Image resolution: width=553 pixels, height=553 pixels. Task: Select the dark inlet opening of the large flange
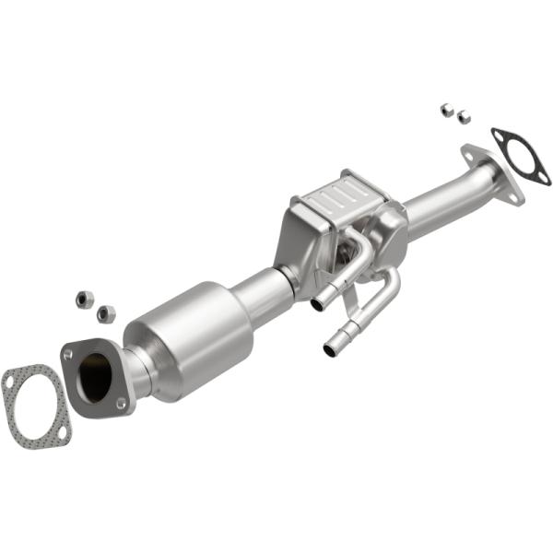[x=95, y=375]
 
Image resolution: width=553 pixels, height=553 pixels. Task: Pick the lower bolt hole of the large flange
[x=120, y=403]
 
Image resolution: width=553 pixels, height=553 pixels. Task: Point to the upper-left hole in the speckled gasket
[x=10, y=376]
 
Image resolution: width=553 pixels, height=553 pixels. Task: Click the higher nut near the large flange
[x=81, y=299]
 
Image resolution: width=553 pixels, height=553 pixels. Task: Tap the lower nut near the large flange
[x=106, y=313]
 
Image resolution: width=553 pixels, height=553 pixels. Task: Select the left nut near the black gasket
[x=446, y=110]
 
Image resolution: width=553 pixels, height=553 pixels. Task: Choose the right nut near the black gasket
[x=464, y=117]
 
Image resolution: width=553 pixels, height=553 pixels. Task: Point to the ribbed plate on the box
[x=336, y=195]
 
